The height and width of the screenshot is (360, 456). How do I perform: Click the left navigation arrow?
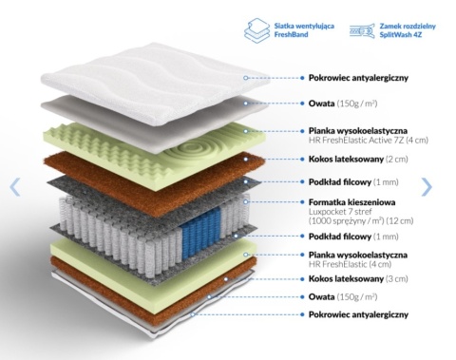tap(15, 187)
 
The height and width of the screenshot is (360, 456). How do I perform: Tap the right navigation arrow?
tap(427, 187)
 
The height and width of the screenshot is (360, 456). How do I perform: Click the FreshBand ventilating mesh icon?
tap(257, 30)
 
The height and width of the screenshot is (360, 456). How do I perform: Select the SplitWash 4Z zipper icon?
tap(363, 31)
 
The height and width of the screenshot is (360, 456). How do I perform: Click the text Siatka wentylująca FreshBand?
tap(304, 30)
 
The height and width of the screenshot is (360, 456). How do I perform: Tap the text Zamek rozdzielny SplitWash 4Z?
tap(408, 30)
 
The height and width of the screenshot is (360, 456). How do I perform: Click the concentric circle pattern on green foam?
tap(193, 149)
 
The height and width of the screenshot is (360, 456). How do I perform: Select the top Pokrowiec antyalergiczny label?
tap(358, 78)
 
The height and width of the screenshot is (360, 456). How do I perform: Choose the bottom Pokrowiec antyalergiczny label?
tap(358, 314)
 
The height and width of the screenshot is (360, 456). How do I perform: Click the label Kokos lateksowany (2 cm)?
tap(358, 159)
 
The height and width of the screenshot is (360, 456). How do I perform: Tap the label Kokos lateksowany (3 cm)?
tap(358, 279)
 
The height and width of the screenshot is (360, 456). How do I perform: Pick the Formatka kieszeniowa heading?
tap(351, 202)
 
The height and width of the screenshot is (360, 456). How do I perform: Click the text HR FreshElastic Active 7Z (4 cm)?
tap(369, 140)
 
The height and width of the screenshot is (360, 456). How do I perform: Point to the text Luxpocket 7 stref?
tap(340, 212)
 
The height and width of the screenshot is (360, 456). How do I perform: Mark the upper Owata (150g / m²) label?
tap(343, 104)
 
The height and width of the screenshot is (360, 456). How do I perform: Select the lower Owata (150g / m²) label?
tap(343, 297)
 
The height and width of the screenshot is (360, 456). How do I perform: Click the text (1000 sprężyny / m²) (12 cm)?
tap(361, 220)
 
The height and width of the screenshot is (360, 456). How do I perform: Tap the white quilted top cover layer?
tap(155, 83)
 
